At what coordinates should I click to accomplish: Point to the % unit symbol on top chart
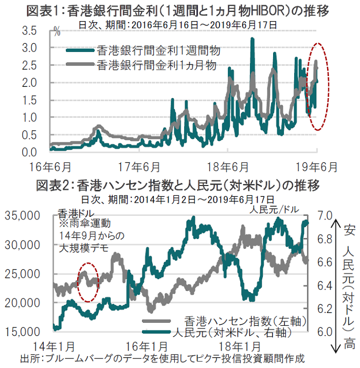(x=57, y=34)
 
